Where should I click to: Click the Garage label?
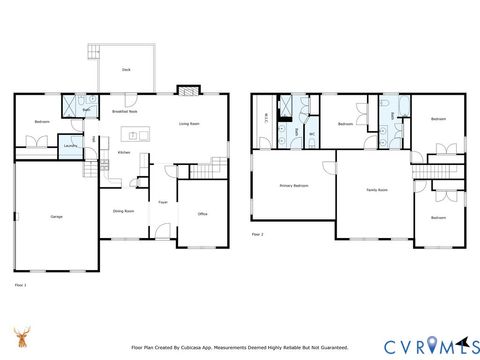(57, 217)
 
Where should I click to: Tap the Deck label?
(126, 70)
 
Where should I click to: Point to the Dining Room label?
(124, 210)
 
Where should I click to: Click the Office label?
(201, 214)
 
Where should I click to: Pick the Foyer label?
(162, 202)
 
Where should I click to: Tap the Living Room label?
(189, 124)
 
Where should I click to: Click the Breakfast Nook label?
(125, 112)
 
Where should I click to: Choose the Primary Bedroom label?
(293, 186)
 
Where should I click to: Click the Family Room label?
(377, 190)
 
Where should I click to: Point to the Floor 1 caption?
(20, 284)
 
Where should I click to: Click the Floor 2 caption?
(257, 234)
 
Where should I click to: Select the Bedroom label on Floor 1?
(41, 121)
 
